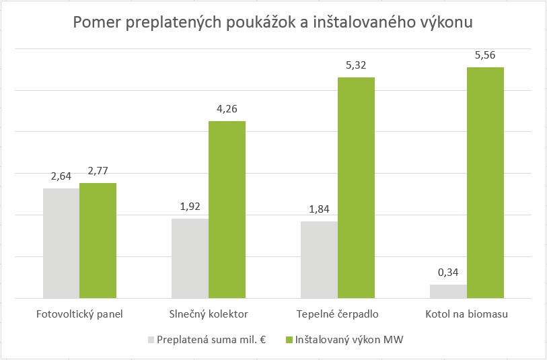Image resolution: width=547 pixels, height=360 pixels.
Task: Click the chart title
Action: tap(273, 23)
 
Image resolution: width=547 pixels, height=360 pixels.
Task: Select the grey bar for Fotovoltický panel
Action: tap(61, 243)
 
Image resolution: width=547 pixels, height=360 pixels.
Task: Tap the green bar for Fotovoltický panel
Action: tap(98, 240)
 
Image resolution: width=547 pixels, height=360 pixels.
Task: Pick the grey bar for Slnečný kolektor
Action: tap(190, 258)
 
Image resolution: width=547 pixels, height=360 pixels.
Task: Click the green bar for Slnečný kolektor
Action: tap(227, 209)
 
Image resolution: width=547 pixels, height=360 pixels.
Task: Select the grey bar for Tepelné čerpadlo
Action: tap(320, 260)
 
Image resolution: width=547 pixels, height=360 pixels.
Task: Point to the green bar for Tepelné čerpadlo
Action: tap(356, 188)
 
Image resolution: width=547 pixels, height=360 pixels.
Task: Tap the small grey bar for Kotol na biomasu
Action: tap(448, 291)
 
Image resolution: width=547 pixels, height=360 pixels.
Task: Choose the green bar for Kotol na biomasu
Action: tap(485, 182)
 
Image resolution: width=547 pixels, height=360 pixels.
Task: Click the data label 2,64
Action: tap(61, 176)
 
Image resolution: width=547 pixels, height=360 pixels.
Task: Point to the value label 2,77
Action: tap(98, 171)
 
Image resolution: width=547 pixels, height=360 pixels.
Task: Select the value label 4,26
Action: tap(227, 109)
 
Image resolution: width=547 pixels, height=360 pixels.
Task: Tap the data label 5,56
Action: tap(485, 55)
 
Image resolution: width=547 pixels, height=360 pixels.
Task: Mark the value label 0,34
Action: tap(448, 273)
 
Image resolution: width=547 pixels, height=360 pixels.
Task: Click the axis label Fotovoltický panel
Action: tap(79, 314)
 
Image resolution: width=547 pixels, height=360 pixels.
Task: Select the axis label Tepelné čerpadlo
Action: tap(337, 314)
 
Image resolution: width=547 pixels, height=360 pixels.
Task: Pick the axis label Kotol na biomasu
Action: tap(466, 314)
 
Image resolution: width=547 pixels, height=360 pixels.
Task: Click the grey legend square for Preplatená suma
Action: tap(151, 340)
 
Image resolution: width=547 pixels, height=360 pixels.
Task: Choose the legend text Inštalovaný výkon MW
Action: tap(349, 340)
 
